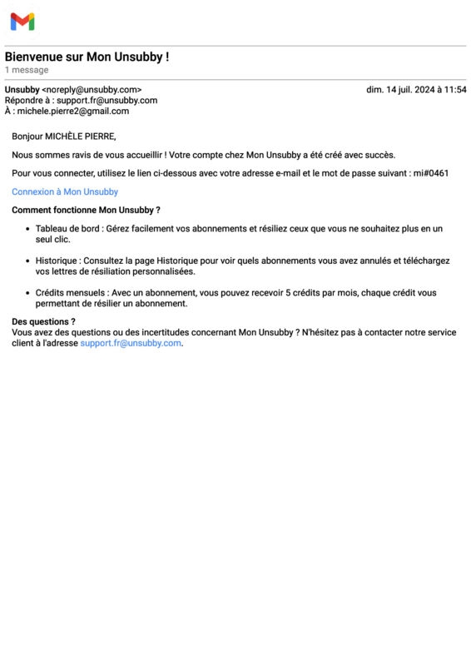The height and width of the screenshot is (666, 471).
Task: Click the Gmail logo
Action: (22, 22)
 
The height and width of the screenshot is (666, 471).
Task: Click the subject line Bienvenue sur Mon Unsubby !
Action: (87, 57)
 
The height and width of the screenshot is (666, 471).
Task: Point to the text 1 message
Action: (27, 70)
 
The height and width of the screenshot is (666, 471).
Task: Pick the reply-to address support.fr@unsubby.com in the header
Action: (107, 101)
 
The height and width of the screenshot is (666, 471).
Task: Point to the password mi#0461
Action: (430, 173)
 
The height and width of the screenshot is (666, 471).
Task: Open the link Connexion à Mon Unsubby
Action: (65, 191)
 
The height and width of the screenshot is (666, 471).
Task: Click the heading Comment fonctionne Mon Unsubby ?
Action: (86, 210)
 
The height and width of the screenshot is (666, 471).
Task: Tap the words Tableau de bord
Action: (67, 228)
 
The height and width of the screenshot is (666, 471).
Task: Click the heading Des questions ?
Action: (43, 321)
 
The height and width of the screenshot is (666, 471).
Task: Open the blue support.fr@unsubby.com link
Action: (130, 343)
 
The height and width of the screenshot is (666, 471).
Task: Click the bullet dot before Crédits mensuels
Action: (27, 293)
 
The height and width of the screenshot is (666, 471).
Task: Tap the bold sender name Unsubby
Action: (22, 90)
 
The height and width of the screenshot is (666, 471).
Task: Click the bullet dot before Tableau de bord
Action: (27, 228)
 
